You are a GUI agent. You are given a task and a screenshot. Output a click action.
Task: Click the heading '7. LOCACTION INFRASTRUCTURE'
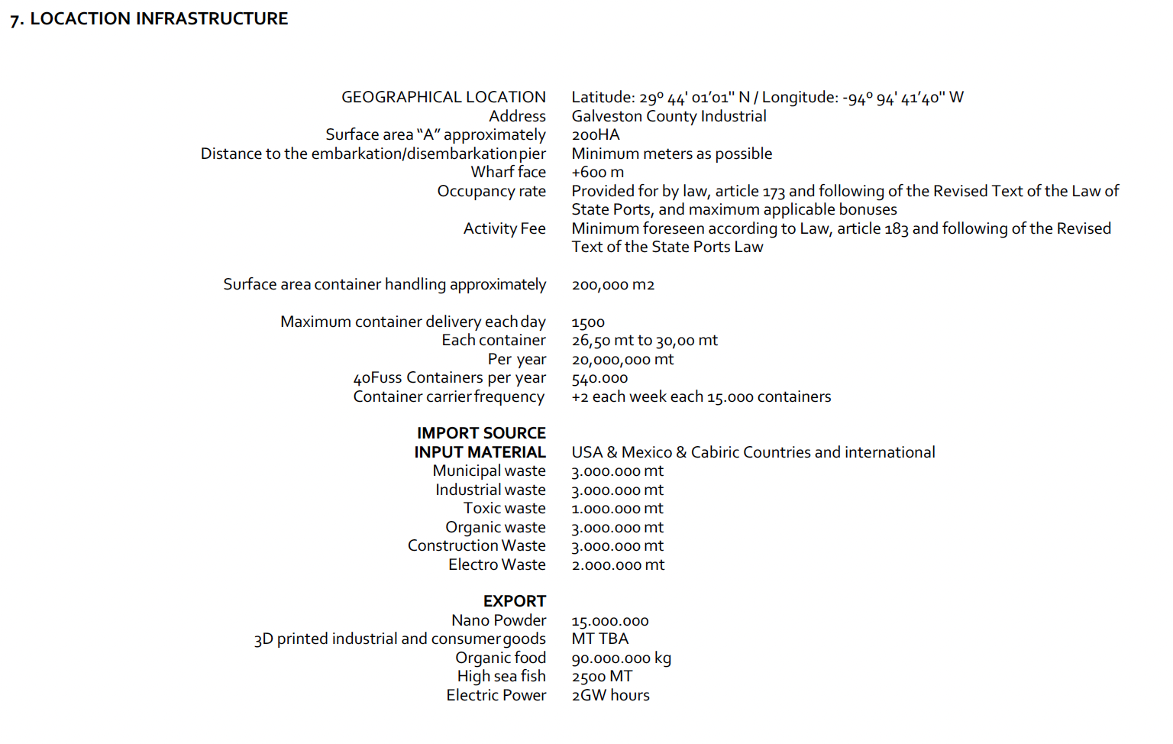pyautogui.click(x=149, y=19)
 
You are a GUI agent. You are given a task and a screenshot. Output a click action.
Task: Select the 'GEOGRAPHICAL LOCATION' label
pyautogui.click(x=443, y=97)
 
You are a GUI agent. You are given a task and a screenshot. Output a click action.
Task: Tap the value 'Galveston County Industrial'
pyautogui.click(x=668, y=116)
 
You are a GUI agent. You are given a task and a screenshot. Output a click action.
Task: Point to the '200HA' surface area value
pyautogui.click(x=596, y=135)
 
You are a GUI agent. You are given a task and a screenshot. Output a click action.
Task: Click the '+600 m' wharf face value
pyautogui.click(x=597, y=173)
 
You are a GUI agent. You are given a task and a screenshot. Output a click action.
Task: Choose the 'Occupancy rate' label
pyautogui.click(x=491, y=191)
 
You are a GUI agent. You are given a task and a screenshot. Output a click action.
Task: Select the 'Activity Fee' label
pyautogui.click(x=504, y=228)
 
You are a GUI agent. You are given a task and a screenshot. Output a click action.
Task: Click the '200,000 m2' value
pyautogui.click(x=612, y=285)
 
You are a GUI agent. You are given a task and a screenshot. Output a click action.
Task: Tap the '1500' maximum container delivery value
pyautogui.click(x=588, y=322)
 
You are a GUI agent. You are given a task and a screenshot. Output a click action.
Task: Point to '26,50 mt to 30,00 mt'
pyautogui.click(x=645, y=341)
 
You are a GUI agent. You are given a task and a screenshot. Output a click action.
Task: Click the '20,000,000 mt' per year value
pyautogui.click(x=622, y=360)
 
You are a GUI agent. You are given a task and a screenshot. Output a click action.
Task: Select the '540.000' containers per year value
pyautogui.click(x=599, y=378)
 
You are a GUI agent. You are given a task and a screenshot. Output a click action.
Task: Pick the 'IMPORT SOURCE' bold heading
pyautogui.click(x=481, y=433)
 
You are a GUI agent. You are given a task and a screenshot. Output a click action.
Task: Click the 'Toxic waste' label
pyautogui.click(x=504, y=509)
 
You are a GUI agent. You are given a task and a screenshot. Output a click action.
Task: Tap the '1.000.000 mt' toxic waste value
pyautogui.click(x=617, y=509)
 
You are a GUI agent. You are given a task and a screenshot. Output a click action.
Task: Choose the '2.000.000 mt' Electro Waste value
pyautogui.click(x=618, y=565)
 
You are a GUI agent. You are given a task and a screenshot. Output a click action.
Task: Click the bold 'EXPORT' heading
pyautogui.click(x=514, y=601)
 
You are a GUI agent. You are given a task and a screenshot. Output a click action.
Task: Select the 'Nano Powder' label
pyautogui.click(x=498, y=620)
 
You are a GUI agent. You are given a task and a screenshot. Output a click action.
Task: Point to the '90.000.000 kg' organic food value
pyautogui.click(x=621, y=658)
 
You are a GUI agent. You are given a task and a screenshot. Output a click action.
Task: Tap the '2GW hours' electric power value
pyautogui.click(x=610, y=695)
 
